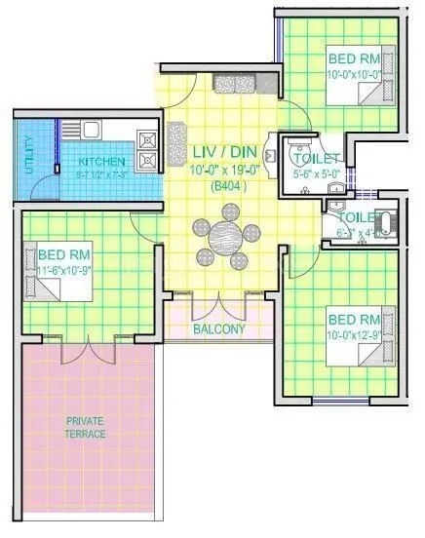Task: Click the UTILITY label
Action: pyautogui.click(x=29, y=156)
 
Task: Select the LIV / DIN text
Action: pyautogui.click(x=223, y=154)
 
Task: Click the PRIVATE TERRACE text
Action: pyautogui.click(x=86, y=427)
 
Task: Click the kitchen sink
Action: pyautogui.click(x=90, y=128)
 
